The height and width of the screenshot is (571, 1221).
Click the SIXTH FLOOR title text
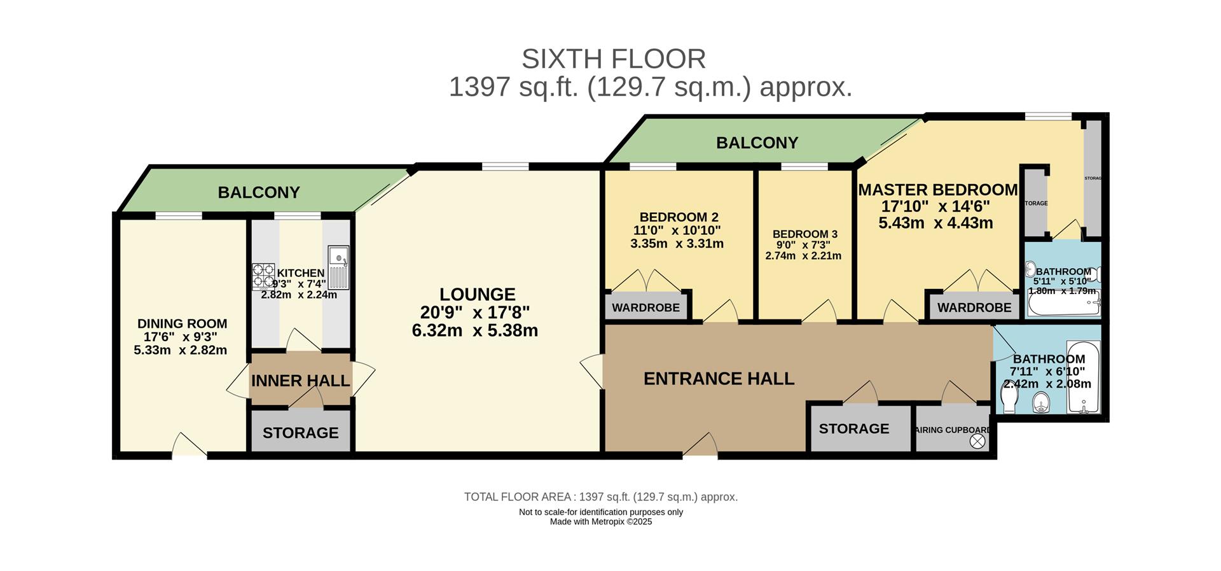(614, 59)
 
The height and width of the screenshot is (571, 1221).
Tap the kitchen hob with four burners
(263, 275)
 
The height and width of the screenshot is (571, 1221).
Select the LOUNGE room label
(477, 295)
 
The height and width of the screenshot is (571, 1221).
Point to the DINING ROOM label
(182, 324)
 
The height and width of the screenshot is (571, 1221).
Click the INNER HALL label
(300, 381)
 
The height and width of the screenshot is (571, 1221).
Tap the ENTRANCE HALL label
(719, 379)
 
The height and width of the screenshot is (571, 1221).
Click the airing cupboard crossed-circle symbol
(977, 441)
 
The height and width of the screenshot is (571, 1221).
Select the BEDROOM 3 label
(804, 234)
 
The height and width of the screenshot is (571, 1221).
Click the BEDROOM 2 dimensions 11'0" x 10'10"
(677, 230)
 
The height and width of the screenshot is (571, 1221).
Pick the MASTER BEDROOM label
(937, 190)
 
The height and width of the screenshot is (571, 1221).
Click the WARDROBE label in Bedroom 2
(645, 308)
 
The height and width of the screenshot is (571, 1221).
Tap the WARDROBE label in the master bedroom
(974, 308)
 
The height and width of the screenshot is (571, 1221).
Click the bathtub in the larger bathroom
(1084, 377)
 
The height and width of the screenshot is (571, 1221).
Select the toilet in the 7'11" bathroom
(1009, 399)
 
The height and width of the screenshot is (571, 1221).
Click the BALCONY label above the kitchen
(258, 192)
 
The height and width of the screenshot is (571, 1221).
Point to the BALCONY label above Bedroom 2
(757, 143)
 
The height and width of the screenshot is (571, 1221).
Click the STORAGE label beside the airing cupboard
(853, 428)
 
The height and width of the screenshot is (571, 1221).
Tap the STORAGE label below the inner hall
(300, 433)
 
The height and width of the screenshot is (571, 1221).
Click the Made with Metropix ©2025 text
(600, 522)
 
